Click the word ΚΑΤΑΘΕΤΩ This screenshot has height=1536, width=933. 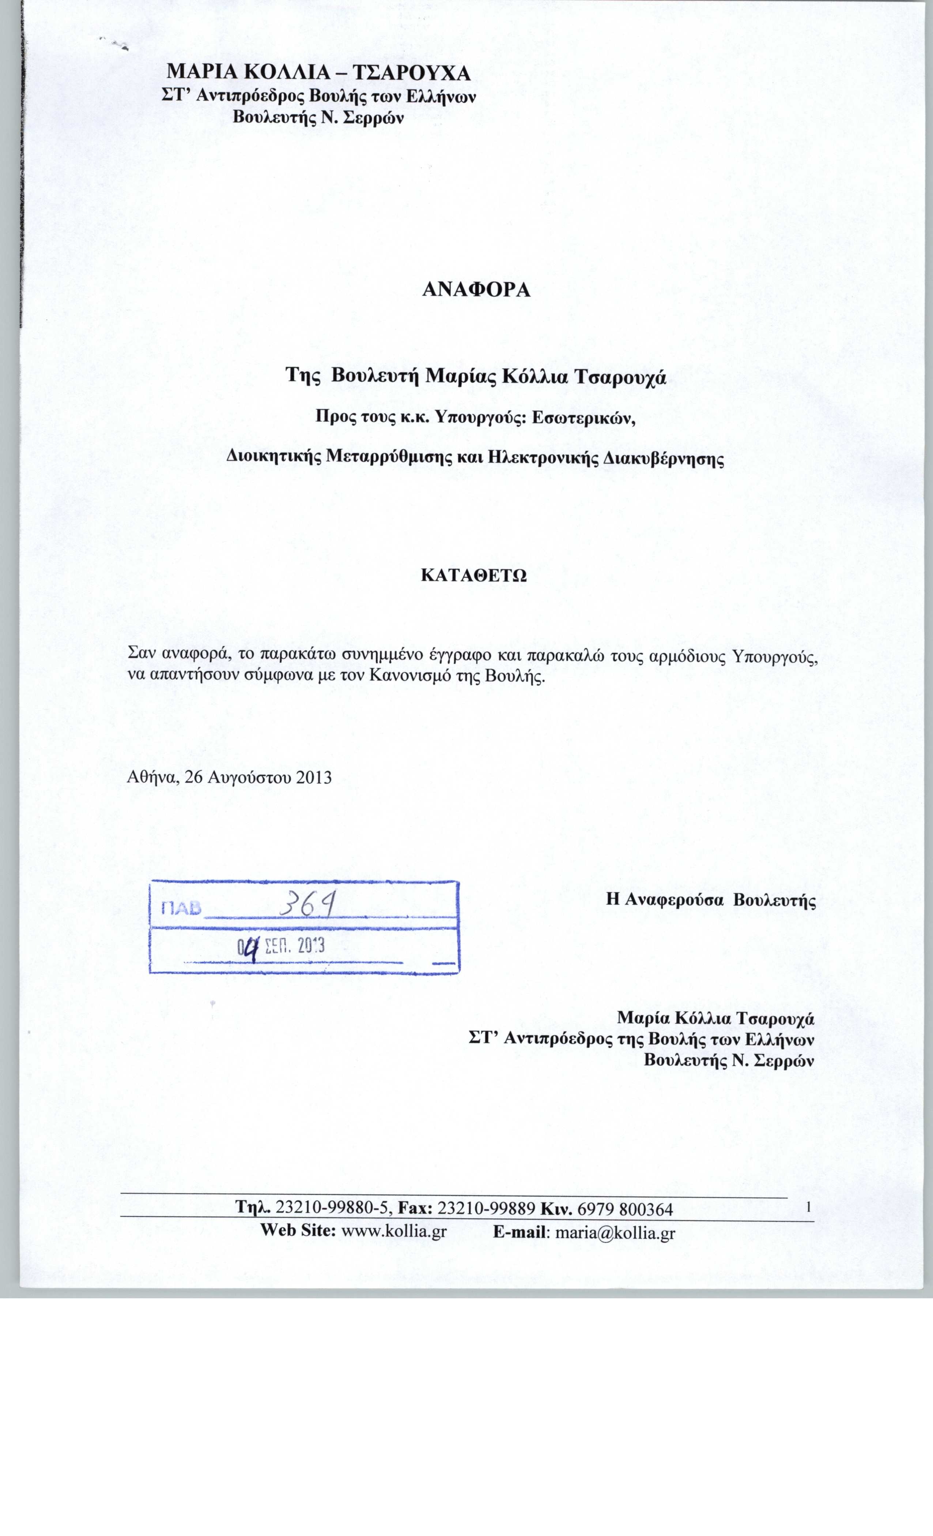click(474, 575)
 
